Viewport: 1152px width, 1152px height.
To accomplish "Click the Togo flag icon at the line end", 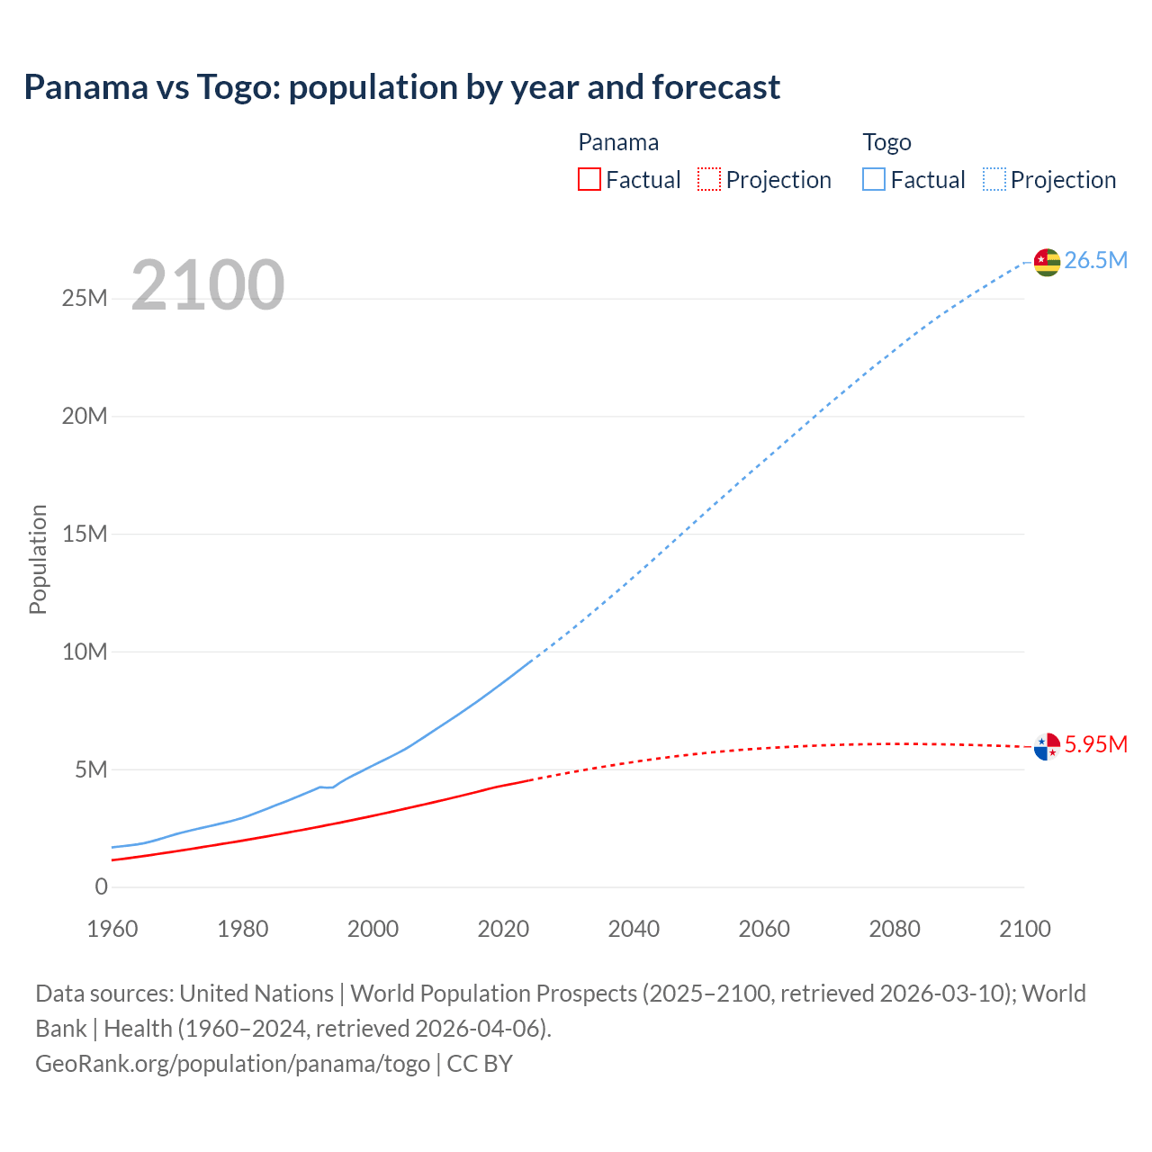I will click(x=1047, y=262).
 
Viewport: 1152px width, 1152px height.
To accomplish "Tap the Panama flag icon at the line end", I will click(x=1047, y=746).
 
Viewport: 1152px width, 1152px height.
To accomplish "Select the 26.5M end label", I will click(x=1095, y=261).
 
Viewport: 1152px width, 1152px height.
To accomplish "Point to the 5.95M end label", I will click(x=1095, y=745).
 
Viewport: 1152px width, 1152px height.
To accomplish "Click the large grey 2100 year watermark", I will click(x=208, y=285).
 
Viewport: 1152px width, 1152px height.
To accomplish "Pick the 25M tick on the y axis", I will click(x=85, y=299).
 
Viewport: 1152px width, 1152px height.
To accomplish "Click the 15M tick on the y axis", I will click(x=85, y=535).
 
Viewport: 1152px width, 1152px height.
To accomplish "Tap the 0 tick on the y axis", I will click(x=101, y=887).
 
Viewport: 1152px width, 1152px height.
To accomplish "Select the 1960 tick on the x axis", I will click(x=112, y=930).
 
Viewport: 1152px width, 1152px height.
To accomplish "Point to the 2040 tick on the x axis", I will click(x=634, y=930).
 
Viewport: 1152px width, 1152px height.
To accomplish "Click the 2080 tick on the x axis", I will click(x=895, y=930).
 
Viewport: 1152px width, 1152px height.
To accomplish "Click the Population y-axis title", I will click(x=38, y=559).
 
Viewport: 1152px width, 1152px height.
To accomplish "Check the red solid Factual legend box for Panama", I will click(x=589, y=179).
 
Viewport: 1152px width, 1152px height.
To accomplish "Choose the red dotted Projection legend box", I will click(x=709, y=179).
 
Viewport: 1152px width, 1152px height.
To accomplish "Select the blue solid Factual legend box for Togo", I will click(x=874, y=179).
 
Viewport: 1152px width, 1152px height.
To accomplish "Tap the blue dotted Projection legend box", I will click(x=994, y=179).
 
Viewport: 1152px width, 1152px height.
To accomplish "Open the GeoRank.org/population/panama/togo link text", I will click(x=232, y=1064).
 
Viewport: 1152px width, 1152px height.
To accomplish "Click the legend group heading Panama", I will click(x=618, y=142).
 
